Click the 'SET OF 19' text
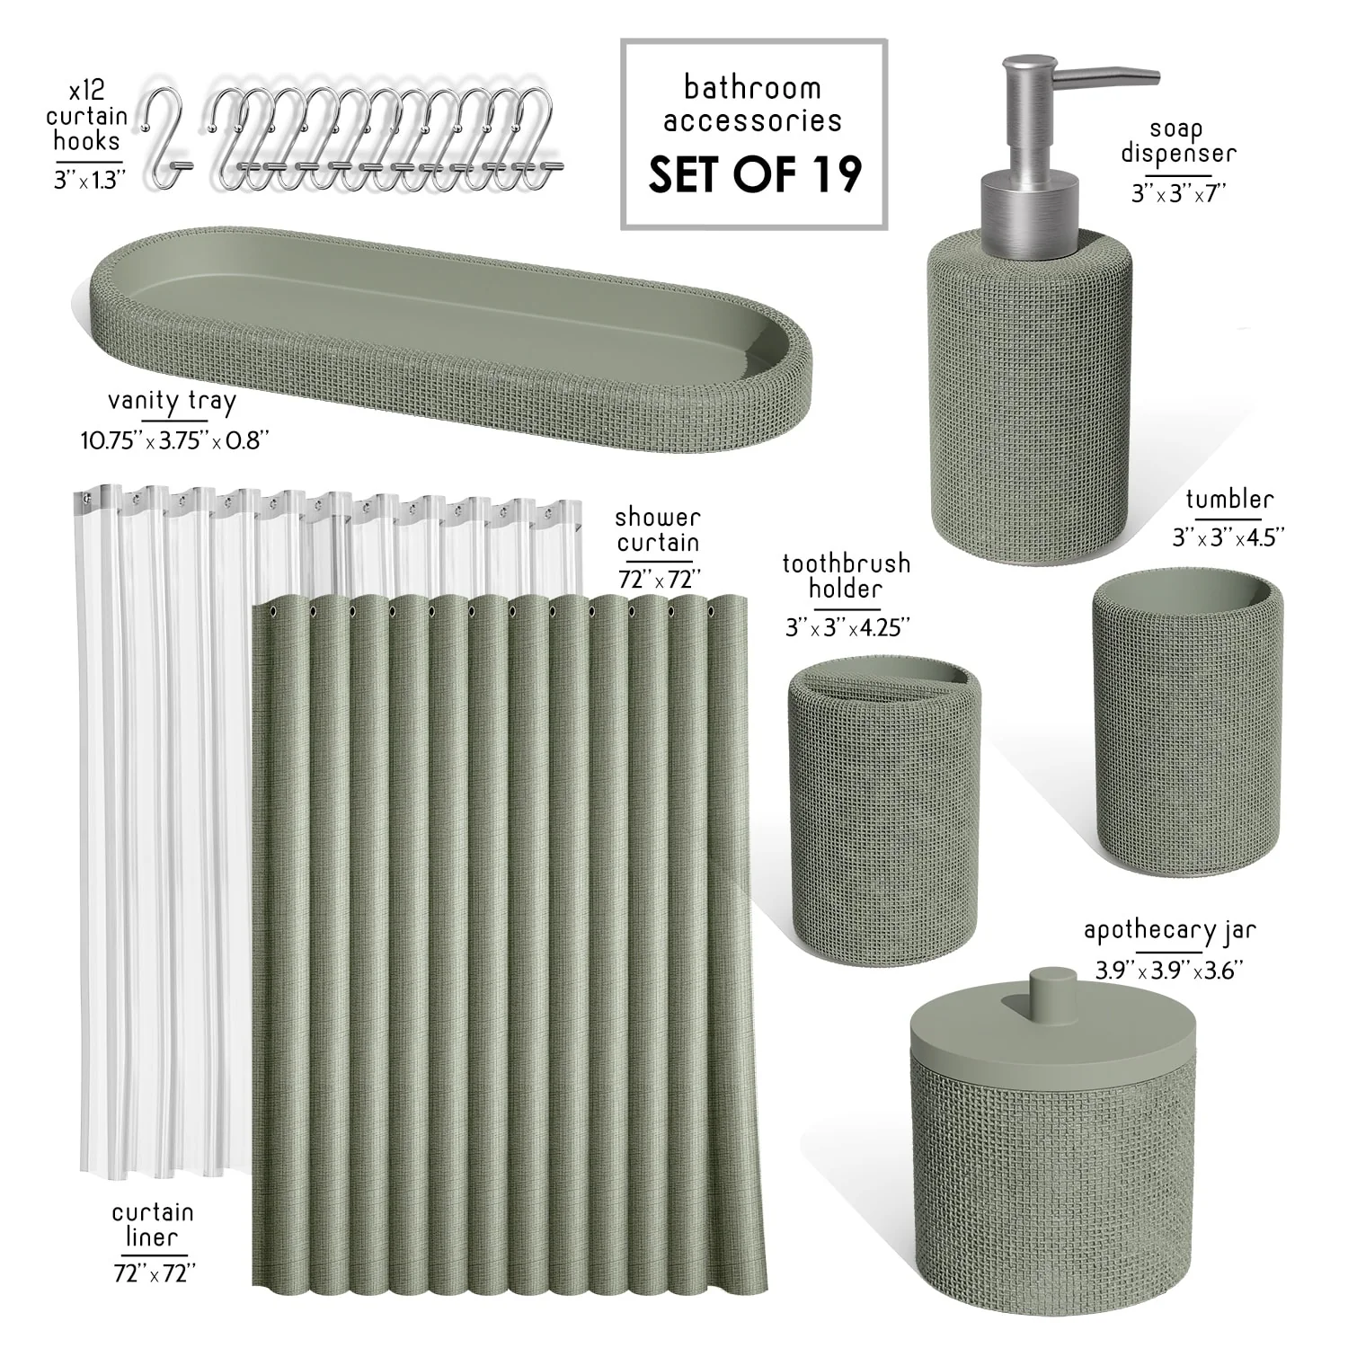pos(755,174)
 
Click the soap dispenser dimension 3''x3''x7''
pos(1178,192)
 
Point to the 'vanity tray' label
pos(172,402)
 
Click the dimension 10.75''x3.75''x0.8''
pos(175,439)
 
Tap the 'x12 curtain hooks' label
pos(86,116)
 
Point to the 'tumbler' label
pos(1229,499)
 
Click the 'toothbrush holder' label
pos(846,576)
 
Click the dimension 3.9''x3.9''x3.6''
pos(1168,970)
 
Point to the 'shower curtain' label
pos(657,530)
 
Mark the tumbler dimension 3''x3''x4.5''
pos(1228,537)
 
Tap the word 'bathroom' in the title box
pos(752,87)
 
